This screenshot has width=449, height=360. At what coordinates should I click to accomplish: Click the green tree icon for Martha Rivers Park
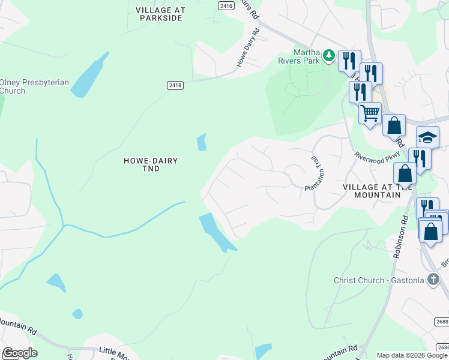point(328,56)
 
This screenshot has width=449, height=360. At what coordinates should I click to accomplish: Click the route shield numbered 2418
point(175,86)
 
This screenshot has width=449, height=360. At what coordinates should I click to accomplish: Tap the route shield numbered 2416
point(226,5)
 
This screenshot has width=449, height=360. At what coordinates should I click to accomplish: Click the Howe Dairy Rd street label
point(249,47)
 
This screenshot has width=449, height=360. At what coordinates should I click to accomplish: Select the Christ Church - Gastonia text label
point(378,280)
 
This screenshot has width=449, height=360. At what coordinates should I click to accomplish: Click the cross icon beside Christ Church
point(433,279)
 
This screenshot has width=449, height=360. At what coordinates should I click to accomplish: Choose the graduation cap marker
point(427,137)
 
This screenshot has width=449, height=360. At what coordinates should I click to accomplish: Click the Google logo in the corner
point(19,353)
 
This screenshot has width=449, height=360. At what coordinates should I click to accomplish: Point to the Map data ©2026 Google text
point(412,355)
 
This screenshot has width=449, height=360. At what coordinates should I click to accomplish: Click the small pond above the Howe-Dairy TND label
point(202,143)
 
